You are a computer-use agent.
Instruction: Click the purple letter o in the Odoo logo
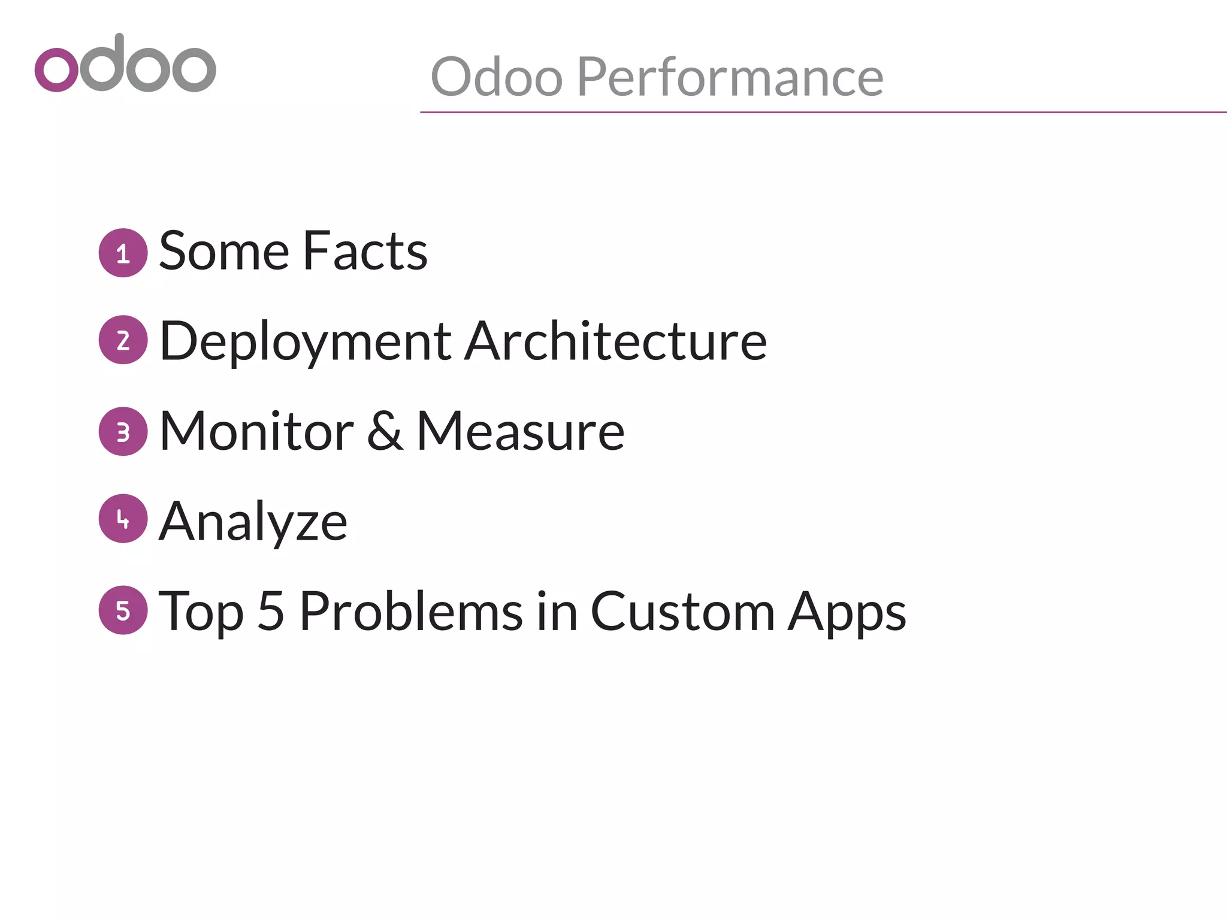(x=56, y=69)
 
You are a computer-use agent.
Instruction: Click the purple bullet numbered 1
(x=123, y=253)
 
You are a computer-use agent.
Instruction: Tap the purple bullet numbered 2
(x=123, y=340)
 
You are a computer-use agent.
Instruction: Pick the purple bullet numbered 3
(x=123, y=431)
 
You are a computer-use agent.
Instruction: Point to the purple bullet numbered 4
(x=123, y=519)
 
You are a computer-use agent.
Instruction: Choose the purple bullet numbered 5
(x=123, y=610)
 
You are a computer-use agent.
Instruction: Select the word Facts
(x=365, y=251)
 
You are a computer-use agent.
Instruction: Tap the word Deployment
(x=306, y=341)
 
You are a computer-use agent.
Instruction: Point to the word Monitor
(x=256, y=431)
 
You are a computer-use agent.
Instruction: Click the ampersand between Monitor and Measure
(x=384, y=431)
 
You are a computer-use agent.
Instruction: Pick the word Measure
(x=520, y=431)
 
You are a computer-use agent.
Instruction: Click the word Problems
(x=411, y=611)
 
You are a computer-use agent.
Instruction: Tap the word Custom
(x=683, y=611)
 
